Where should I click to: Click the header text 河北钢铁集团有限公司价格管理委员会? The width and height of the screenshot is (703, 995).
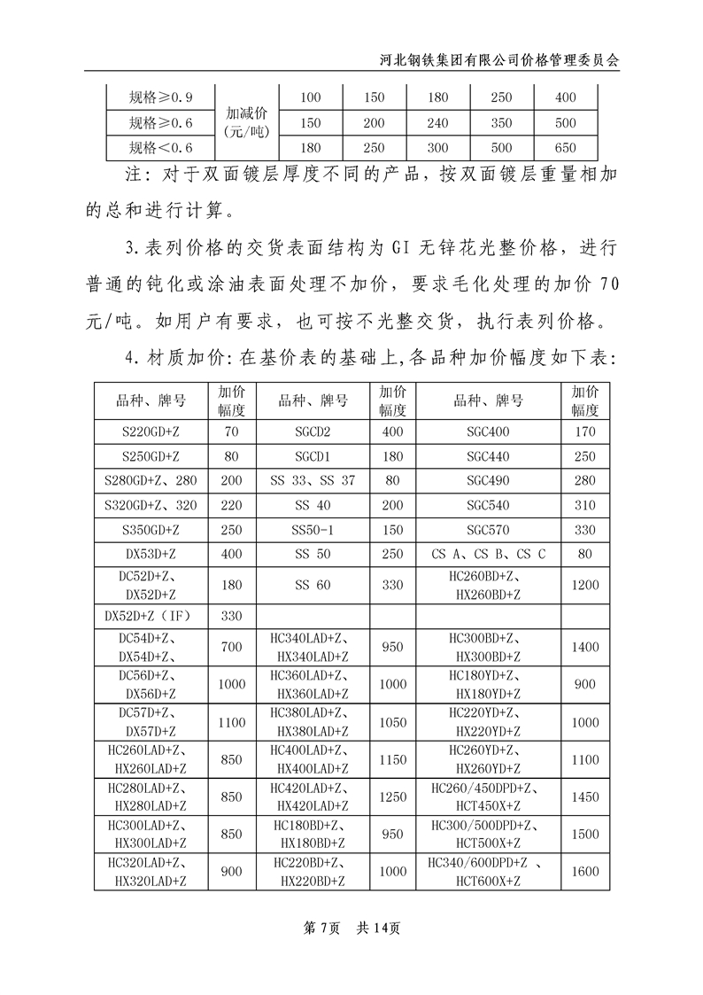click(x=505, y=59)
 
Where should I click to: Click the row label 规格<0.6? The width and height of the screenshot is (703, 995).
click(x=160, y=147)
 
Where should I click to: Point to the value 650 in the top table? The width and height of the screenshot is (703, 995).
click(x=564, y=147)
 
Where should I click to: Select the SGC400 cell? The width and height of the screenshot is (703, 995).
click(x=488, y=432)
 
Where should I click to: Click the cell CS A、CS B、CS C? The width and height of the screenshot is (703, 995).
click(x=488, y=555)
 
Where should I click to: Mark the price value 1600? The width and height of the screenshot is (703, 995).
click(x=584, y=871)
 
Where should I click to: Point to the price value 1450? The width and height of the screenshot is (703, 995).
click(x=584, y=797)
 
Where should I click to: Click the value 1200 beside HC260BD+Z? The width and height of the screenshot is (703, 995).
click(x=584, y=585)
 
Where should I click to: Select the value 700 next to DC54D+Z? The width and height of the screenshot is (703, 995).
click(x=231, y=647)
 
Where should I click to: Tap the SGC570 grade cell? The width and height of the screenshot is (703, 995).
click(x=488, y=530)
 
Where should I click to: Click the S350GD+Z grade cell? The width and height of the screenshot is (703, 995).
click(x=151, y=530)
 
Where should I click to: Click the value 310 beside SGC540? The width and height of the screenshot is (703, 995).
click(x=584, y=506)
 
